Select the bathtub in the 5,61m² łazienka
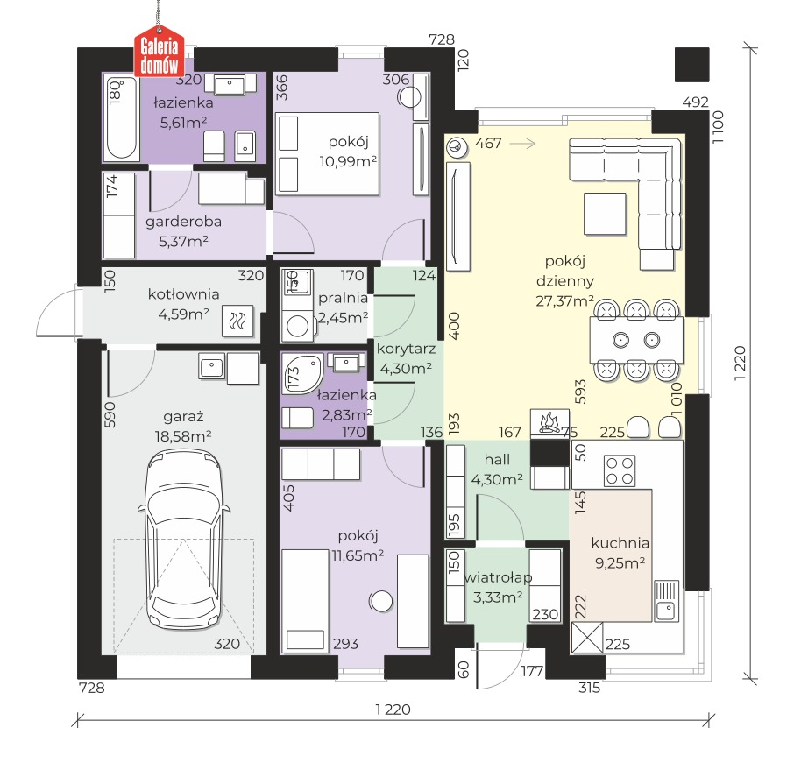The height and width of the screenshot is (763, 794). click(122, 118)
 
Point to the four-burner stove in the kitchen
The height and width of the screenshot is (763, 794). click(620, 471)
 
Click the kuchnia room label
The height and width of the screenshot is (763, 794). click(620, 543)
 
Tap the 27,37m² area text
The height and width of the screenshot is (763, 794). click(564, 301)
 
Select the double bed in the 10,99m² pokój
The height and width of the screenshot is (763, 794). click(327, 154)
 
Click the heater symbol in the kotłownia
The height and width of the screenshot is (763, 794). click(237, 321)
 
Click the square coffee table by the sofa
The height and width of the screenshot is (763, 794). click(605, 214)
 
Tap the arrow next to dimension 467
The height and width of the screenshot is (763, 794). click(522, 145)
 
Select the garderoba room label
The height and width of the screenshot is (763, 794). click(183, 222)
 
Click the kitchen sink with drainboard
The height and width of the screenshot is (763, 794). click(666, 601)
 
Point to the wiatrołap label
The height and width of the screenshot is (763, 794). click(498, 577)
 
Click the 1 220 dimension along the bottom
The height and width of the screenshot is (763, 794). click(393, 710)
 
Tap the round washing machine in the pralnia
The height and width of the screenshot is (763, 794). click(297, 326)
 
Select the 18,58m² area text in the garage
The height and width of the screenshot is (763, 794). click(183, 436)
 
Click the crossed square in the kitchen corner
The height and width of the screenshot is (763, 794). click(587, 638)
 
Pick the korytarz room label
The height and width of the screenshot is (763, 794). click(406, 349)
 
